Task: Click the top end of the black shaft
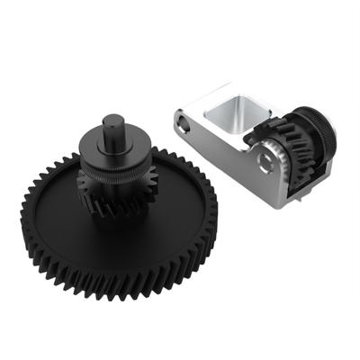click(x=114, y=121)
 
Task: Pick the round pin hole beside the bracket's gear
click(x=265, y=162)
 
